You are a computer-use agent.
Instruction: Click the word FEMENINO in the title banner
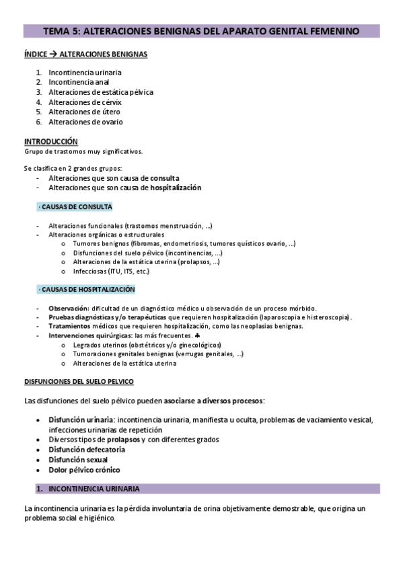(330, 31)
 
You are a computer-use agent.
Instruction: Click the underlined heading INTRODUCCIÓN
(51, 142)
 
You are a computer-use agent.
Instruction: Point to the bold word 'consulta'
(165, 178)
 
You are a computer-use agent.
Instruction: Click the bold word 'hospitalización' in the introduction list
(176, 188)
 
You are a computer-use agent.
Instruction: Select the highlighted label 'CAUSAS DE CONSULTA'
(75, 206)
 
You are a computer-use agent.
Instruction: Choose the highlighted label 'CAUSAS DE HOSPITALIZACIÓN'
(87, 289)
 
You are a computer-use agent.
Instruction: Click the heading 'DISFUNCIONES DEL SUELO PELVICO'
(79, 381)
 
